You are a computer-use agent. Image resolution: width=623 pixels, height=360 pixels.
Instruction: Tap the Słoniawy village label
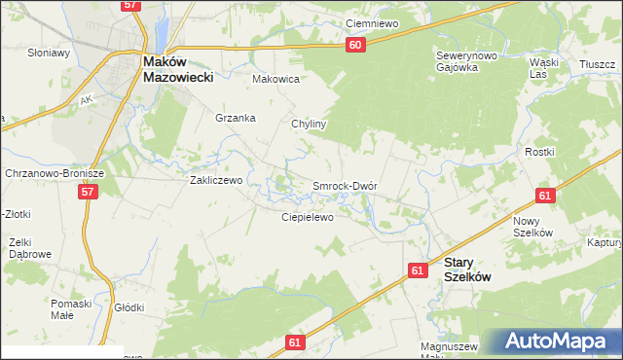[x=50, y=53]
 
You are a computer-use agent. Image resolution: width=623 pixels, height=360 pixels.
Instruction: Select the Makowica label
[x=275, y=79]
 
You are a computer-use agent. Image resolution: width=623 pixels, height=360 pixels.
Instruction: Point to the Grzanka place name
[x=236, y=118]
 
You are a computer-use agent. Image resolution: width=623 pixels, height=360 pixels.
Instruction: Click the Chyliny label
[x=309, y=125]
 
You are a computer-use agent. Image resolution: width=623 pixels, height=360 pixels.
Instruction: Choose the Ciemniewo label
[x=373, y=23]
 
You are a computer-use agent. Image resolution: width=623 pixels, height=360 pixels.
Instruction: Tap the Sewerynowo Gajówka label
[x=466, y=61]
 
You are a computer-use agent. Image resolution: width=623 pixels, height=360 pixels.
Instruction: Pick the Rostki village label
[x=567, y=152]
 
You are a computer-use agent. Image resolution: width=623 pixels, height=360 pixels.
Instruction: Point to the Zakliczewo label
[x=215, y=180]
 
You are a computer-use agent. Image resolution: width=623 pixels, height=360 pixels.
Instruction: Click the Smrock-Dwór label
[x=344, y=185]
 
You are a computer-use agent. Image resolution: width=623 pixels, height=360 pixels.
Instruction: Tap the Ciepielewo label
[x=308, y=217]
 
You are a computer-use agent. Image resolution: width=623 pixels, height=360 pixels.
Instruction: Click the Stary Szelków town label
[x=467, y=270]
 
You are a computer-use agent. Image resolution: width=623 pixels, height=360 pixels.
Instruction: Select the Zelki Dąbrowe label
[x=29, y=248]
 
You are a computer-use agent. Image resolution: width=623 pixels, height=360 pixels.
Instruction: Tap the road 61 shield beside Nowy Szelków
[x=544, y=197]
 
